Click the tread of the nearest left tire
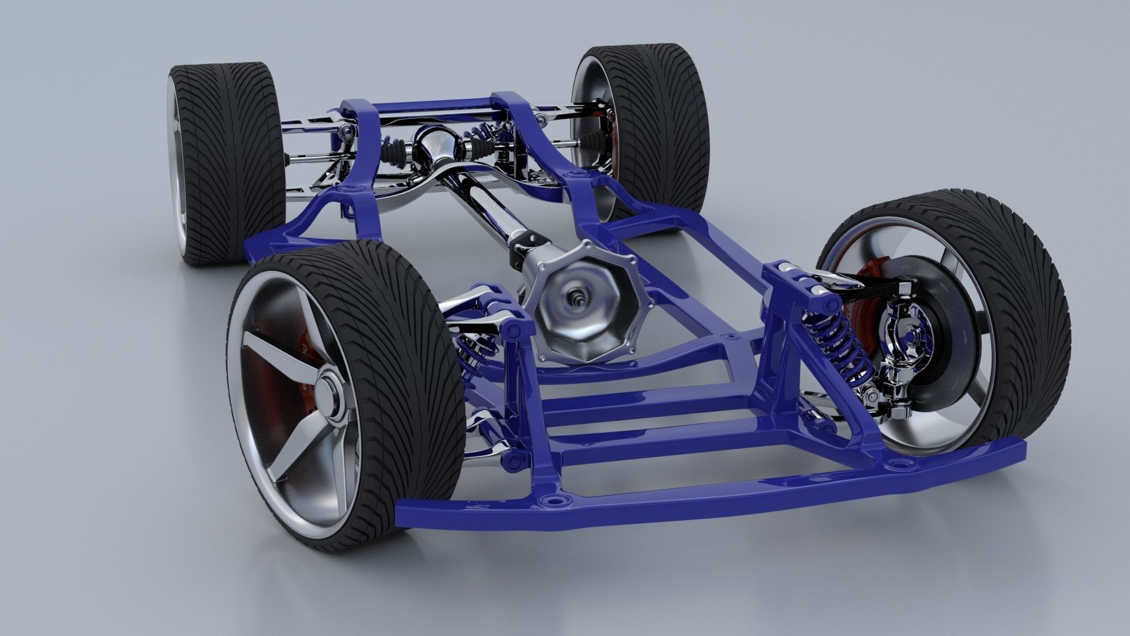pos(406,365)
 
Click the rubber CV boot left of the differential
pos(393,154)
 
